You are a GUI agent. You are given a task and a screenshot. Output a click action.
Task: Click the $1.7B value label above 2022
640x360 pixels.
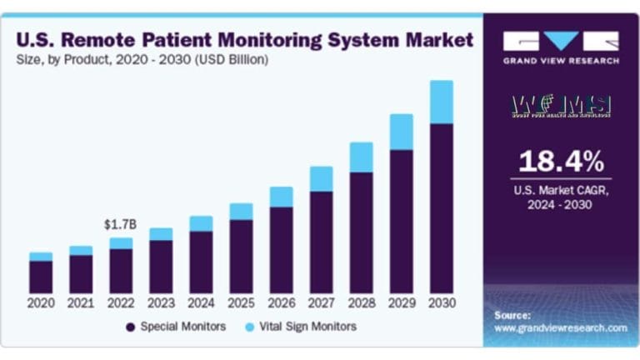pos(120,225)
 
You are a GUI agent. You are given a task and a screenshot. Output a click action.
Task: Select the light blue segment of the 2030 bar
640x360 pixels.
pos(441,102)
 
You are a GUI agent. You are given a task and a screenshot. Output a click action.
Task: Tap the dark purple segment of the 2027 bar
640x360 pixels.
pos(321,242)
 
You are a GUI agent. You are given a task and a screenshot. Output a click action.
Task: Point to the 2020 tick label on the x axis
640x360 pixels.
pos(41,303)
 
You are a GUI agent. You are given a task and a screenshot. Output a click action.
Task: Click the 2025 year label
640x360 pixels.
pos(241,303)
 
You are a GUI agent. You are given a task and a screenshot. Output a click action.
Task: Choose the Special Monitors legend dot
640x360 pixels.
pos(131,327)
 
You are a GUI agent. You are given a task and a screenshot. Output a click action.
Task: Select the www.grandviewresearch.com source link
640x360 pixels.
pos(560,328)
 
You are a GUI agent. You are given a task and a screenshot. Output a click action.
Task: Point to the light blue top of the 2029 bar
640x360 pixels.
pos(401,132)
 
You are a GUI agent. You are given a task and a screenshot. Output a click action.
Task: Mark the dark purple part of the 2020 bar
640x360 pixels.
pos(41,276)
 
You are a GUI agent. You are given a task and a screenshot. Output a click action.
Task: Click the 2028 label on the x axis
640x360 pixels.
pos(361,303)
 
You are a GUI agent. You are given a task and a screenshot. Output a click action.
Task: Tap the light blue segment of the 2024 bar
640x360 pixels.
pos(201,223)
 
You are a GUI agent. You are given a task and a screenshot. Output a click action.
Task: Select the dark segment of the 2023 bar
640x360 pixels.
pos(161,266)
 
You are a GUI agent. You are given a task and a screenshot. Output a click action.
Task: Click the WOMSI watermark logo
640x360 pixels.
pos(561,106)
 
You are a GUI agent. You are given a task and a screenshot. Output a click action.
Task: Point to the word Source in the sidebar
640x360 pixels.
pos(512,316)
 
